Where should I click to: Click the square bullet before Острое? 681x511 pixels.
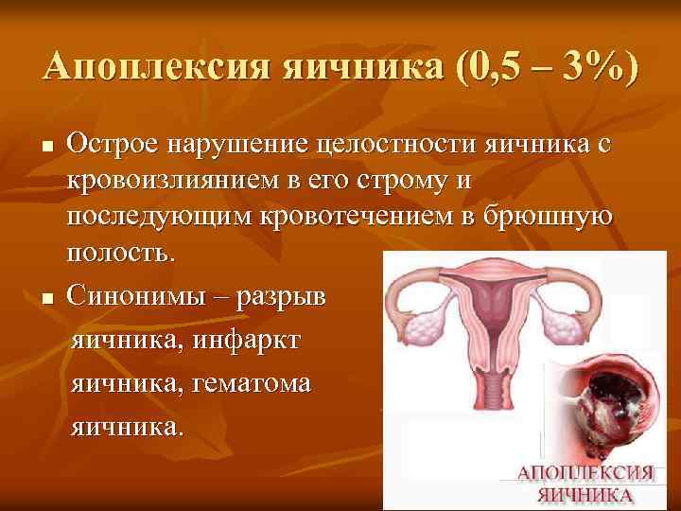48,147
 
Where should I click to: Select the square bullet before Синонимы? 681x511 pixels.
48,300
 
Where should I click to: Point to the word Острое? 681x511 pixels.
114,144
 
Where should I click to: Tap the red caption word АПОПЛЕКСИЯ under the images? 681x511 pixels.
585,474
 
